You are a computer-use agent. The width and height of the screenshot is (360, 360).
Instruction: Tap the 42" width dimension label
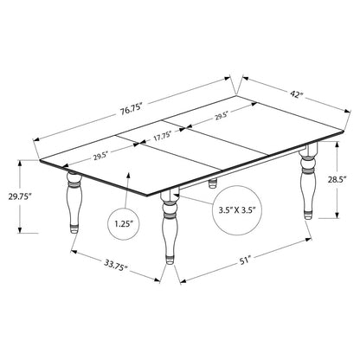coord(297,93)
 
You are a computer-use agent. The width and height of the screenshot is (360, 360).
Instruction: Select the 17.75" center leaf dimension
coord(163,136)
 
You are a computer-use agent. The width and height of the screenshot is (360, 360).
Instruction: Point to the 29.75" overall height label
coord(20,196)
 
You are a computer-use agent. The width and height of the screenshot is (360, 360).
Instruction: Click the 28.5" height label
coord(337,180)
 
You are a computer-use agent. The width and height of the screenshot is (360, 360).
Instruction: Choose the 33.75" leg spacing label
coord(115,265)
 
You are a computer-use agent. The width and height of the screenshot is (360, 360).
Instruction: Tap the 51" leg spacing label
coord(244,260)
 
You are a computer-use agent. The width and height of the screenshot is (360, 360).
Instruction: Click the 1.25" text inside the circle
coord(124,224)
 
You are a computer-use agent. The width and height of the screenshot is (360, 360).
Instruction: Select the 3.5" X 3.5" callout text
coord(237,209)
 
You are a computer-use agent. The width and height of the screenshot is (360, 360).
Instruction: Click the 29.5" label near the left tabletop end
coord(100,157)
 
